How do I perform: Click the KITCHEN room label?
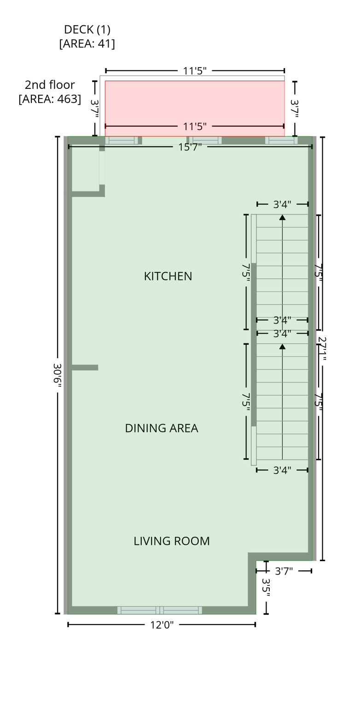click(x=168, y=276)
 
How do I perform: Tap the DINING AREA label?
click(x=161, y=428)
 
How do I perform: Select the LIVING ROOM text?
click(x=171, y=541)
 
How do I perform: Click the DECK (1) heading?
click(x=87, y=29)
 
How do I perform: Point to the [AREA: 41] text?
click(x=87, y=44)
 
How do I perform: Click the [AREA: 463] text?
click(x=50, y=99)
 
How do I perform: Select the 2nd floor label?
click(x=50, y=85)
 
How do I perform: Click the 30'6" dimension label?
click(x=57, y=374)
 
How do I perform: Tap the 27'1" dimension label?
click(x=322, y=348)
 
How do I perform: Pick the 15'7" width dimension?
click(x=190, y=147)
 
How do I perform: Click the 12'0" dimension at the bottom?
click(x=162, y=625)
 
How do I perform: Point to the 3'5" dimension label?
click(x=266, y=587)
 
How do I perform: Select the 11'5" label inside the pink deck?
click(x=194, y=127)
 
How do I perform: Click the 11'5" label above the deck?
click(x=194, y=71)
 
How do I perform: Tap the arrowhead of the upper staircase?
click(x=282, y=217)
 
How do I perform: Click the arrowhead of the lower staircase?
click(x=282, y=346)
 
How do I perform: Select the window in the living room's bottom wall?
click(x=160, y=610)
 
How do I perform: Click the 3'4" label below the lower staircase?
click(x=282, y=470)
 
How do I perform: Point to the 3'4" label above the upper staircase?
click(x=282, y=204)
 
